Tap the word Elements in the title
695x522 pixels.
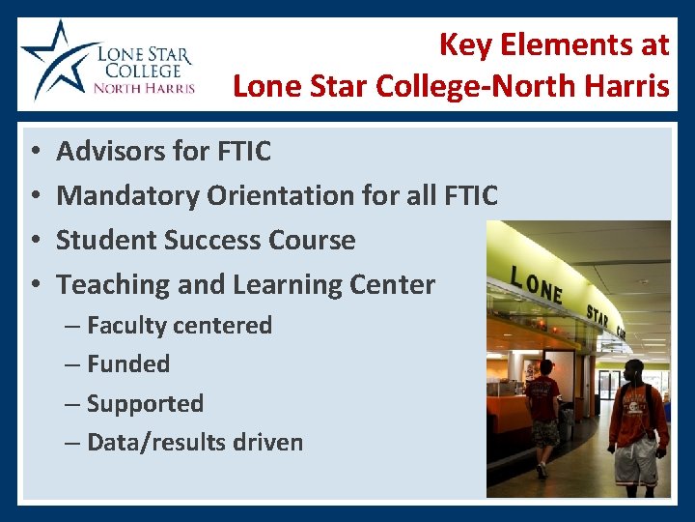pos(562,43)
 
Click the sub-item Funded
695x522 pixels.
pos(127,364)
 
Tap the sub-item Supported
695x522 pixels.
pos(145,404)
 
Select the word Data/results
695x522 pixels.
pos(154,443)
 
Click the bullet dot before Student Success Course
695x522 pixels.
pos(34,241)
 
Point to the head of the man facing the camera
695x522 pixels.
pos(632,372)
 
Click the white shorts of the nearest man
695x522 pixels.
pos(634,463)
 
